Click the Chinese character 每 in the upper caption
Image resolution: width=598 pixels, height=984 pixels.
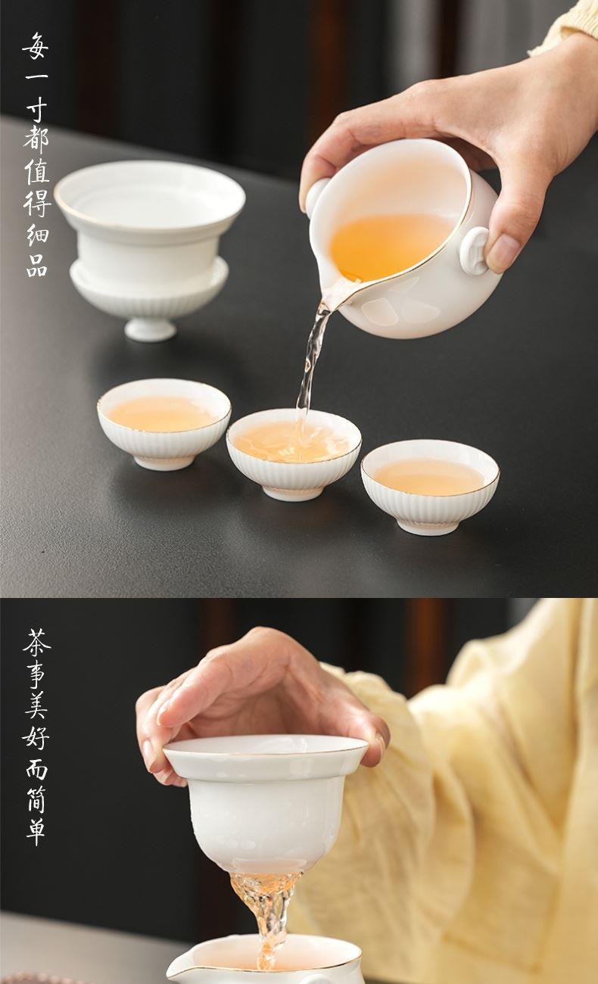[36, 45]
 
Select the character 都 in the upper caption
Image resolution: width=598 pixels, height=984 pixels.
[36, 140]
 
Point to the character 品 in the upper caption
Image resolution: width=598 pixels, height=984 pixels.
[37, 263]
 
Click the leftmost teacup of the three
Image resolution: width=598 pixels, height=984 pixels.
[164, 424]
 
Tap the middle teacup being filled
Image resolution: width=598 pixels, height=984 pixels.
[294, 454]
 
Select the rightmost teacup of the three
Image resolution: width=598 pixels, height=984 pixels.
[430, 487]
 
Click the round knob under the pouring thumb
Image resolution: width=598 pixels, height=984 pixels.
[475, 251]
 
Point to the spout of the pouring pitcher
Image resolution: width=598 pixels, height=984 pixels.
[338, 293]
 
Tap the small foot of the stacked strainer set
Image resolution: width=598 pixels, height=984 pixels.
[150, 330]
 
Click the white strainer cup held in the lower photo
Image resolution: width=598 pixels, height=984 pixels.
[266, 804]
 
